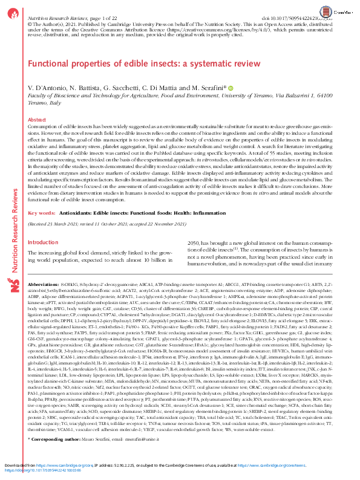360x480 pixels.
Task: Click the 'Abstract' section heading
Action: [x=38, y=120]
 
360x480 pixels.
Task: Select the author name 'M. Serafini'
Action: [x=206, y=88]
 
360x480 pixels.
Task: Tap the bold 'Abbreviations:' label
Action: [x=48, y=285]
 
